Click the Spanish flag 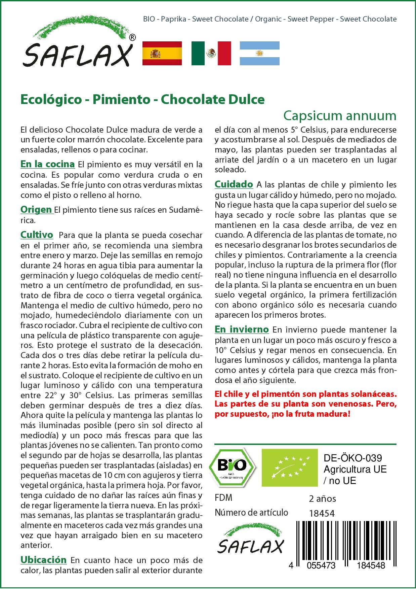162,53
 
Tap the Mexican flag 211,53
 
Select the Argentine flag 259,53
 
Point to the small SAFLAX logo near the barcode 250,542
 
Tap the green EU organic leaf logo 290,467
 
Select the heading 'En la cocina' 47,164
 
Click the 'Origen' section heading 36,210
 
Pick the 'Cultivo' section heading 37,235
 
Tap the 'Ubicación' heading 44,560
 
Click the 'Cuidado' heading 234,184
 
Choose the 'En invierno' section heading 242,329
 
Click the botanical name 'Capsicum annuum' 340,115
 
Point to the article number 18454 322,513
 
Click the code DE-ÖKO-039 352,458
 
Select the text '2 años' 322,498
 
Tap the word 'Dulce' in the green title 247,99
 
